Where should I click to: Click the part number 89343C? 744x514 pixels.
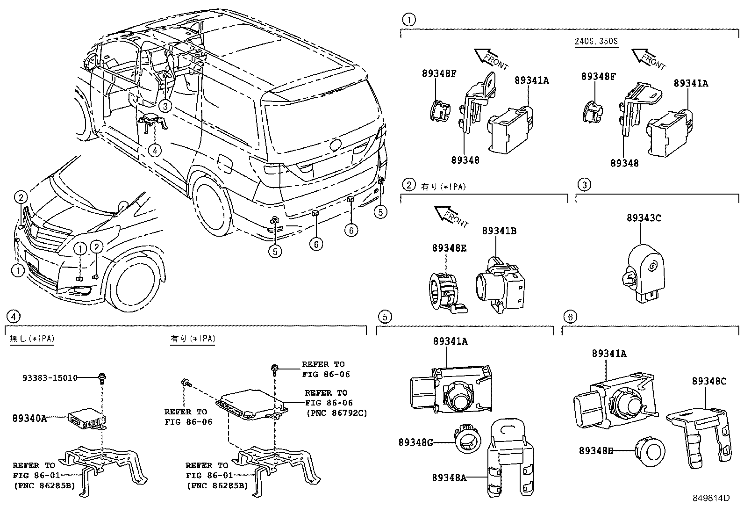point(644,218)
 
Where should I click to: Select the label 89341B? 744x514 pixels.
point(499,231)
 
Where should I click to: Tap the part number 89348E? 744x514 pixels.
point(449,248)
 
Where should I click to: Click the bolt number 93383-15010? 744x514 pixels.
point(50,378)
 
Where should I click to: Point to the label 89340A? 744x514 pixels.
point(29,419)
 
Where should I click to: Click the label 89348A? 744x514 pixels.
point(449,478)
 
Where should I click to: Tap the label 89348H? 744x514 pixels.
point(596,451)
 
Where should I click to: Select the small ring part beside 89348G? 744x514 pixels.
point(467,439)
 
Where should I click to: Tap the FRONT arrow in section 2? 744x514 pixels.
point(451,216)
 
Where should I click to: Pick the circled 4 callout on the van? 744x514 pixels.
point(155,150)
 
